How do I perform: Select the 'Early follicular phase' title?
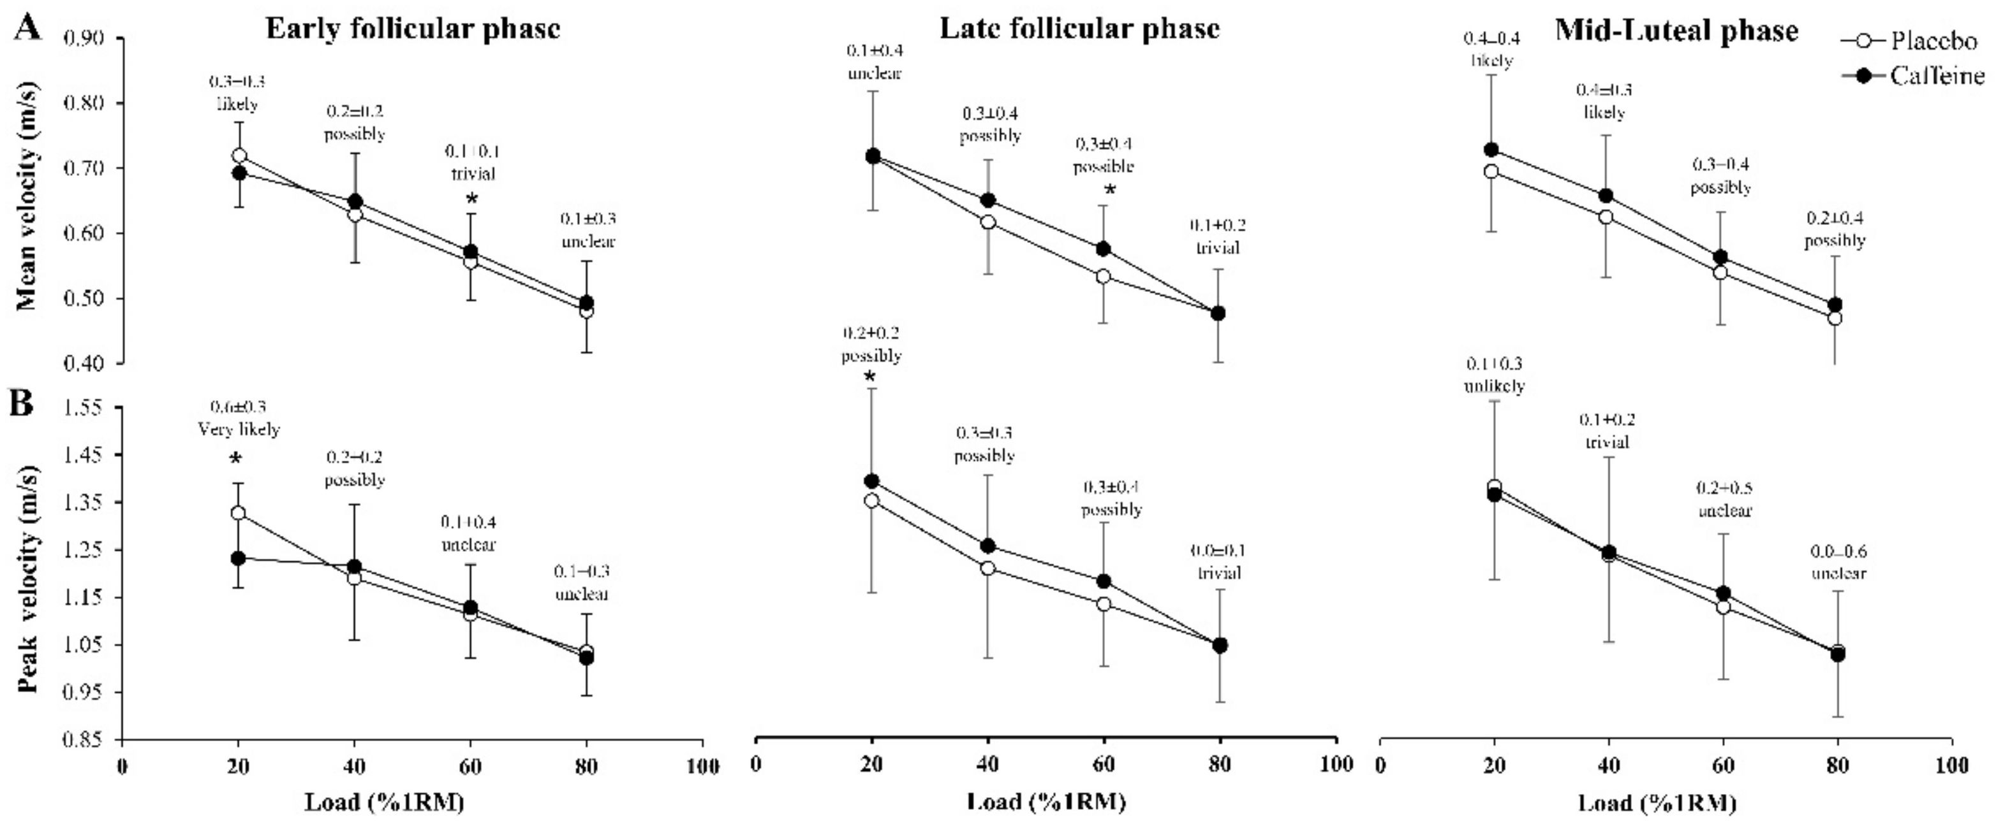click(x=412, y=29)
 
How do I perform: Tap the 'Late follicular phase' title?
click(x=1079, y=29)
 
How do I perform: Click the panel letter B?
click(x=22, y=403)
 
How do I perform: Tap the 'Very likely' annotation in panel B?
click(x=239, y=429)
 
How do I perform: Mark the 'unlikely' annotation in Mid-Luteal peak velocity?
click(x=1494, y=386)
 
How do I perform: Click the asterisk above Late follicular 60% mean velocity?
click(x=1109, y=190)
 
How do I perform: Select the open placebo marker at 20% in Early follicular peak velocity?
click(x=239, y=514)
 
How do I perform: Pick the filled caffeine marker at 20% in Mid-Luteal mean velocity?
click(x=1491, y=150)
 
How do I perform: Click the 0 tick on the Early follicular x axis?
click(x=122, y=766)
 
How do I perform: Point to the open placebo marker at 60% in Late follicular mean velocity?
click(x=1104, y=277)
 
